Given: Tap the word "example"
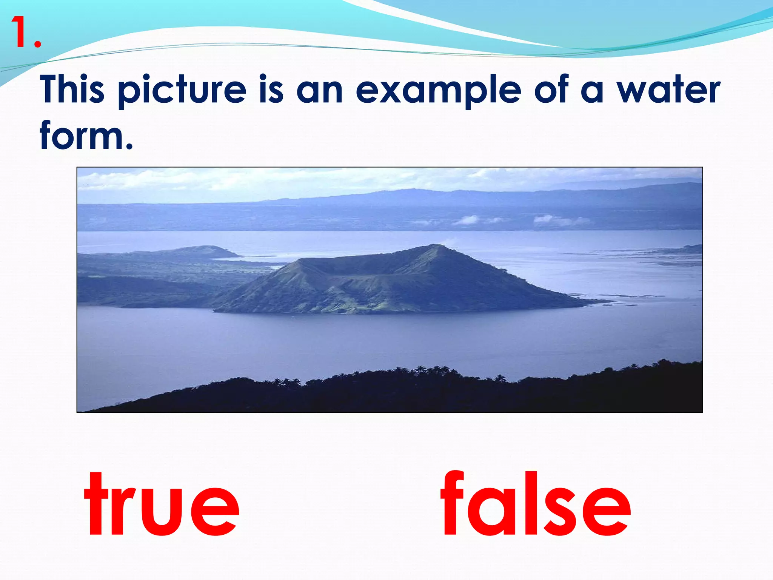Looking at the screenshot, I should (x=438, y=91).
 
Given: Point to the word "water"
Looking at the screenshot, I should (x=668, y=90).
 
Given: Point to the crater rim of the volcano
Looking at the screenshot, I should (x=351, y=261).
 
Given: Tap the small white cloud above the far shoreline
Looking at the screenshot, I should (x=468, y=220).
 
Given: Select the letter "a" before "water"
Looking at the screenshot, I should (x=592, y=92).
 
